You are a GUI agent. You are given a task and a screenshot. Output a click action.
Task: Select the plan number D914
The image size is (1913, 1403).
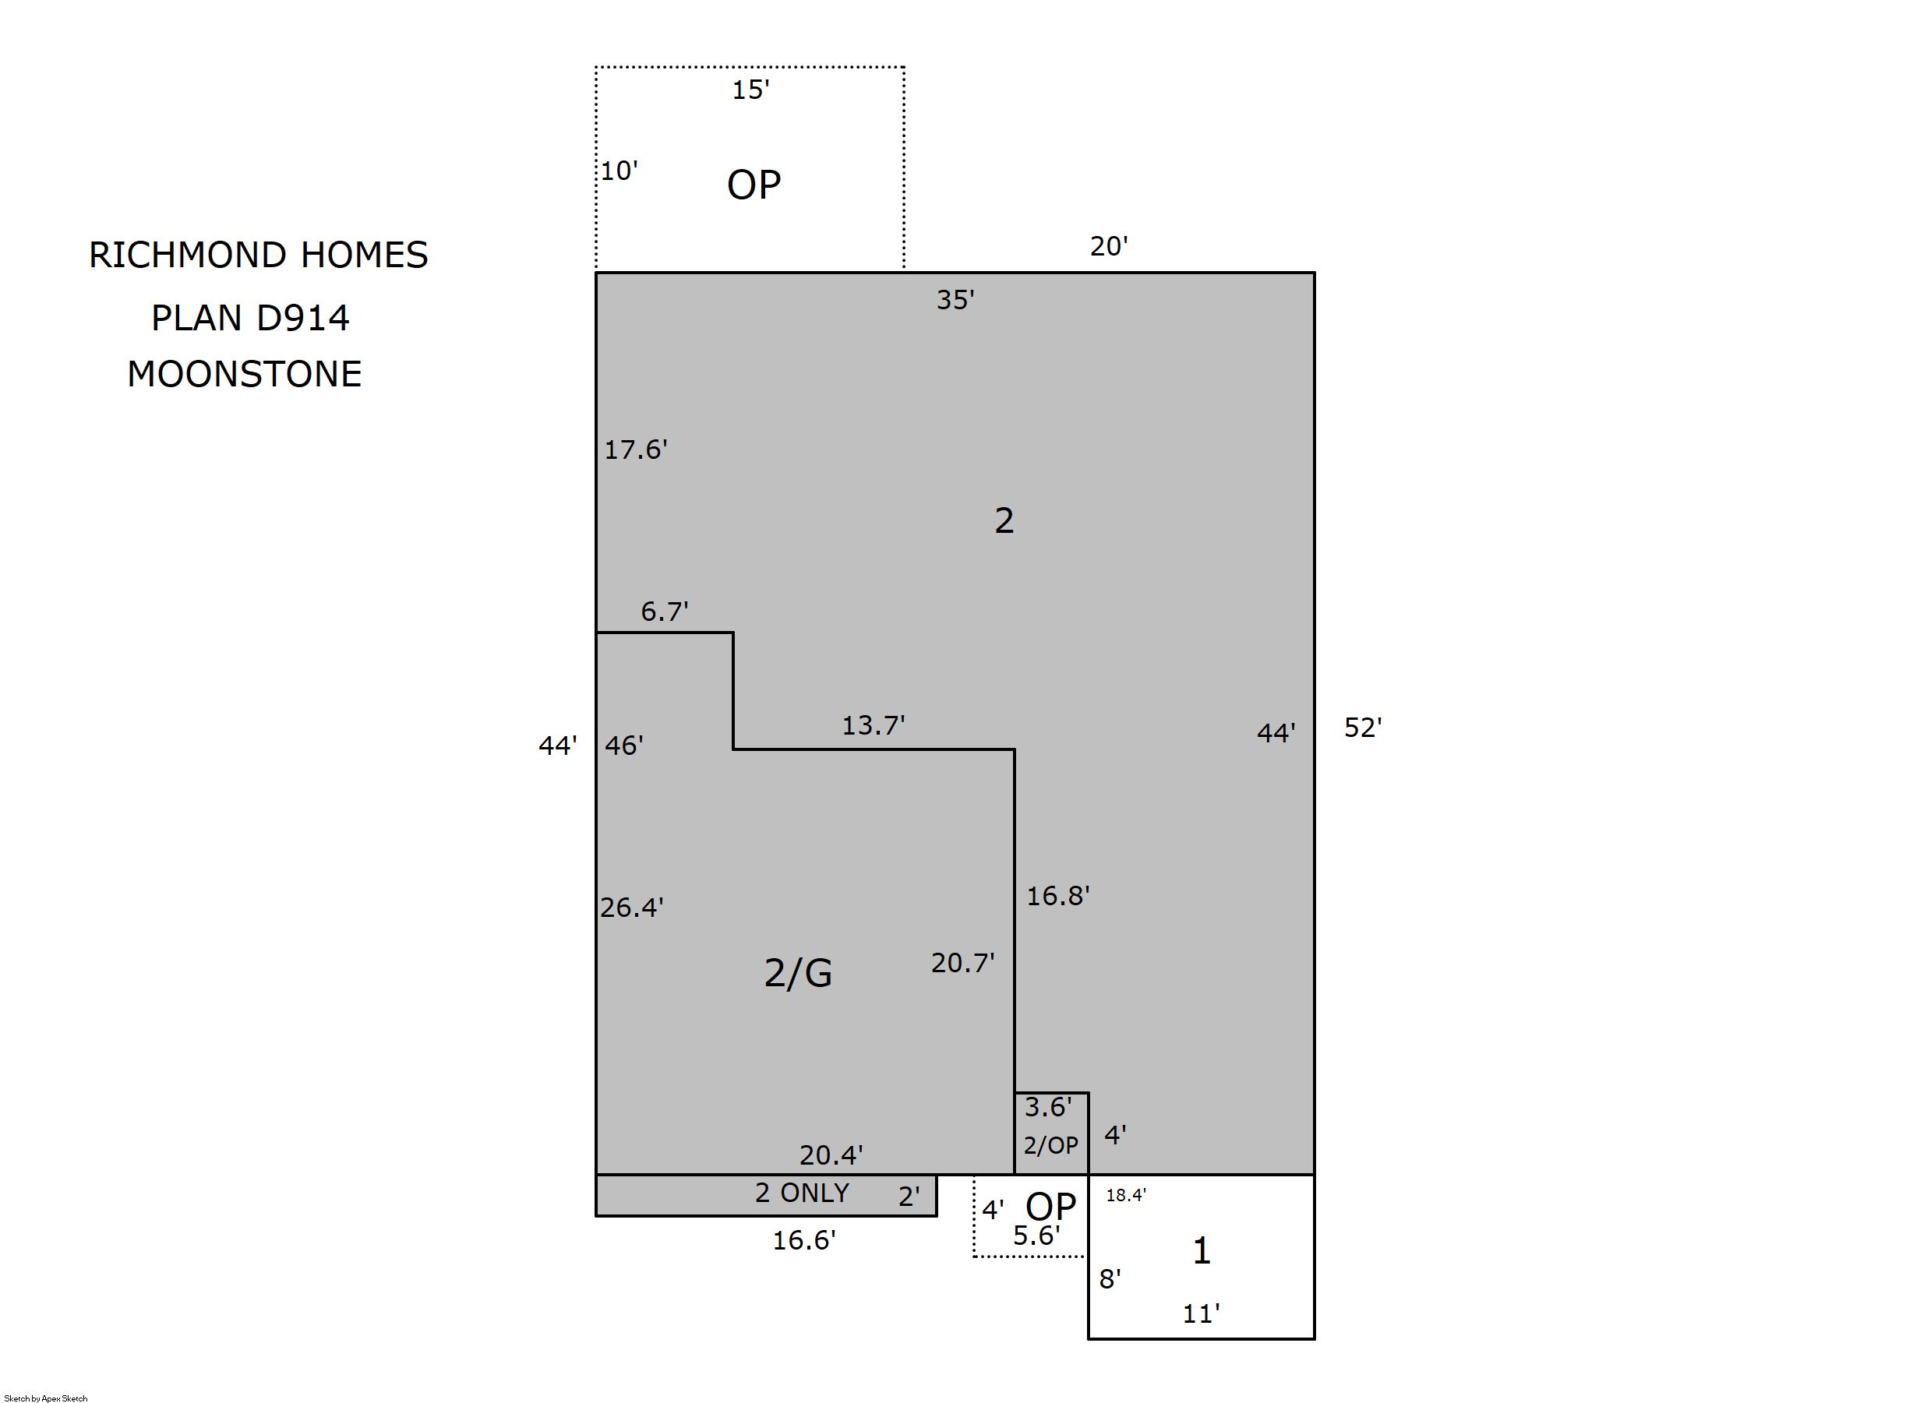point(302,318)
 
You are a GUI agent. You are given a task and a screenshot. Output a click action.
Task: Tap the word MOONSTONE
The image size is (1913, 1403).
point(245,374)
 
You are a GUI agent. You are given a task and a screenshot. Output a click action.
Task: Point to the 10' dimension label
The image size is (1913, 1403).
point(619,171)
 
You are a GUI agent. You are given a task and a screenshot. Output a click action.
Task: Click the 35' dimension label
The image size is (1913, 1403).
point(955,300)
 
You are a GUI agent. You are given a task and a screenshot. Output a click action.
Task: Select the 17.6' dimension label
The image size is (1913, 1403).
point(635,449)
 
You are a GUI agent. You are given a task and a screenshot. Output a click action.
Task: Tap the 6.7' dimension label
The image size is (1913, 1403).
point(664,611)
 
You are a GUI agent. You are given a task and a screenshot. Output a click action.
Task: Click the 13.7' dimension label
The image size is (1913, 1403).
point(874,724)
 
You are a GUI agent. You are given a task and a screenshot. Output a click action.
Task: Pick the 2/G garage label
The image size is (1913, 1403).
point(799,972)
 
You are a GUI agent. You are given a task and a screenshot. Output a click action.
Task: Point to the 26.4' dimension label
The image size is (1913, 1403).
point(632,908)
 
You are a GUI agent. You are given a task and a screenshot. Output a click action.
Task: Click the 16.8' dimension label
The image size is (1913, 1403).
point(1058,896)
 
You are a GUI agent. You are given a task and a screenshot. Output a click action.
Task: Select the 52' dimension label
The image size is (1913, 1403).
point(1364,727)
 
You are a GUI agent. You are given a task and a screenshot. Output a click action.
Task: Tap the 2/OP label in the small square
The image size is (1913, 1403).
point(1051,1146)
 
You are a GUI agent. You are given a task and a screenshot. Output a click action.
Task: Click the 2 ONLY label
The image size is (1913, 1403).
point(802,1193)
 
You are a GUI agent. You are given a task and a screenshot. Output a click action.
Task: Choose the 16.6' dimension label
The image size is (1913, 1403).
point(803,1241)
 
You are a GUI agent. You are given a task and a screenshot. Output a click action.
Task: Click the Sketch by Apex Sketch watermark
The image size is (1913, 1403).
point(46,1398)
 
